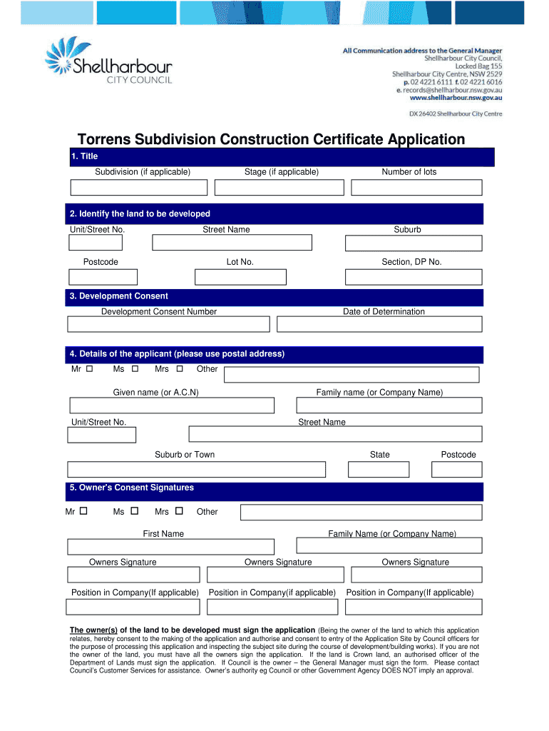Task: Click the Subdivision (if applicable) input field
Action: click(x=138, y=187)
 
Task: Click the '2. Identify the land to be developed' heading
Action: click(x=140, y=214)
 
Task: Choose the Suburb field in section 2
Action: click(x=414, y=243)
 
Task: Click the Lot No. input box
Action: click(x=240, y=277)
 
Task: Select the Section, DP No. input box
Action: click(x=414, y=277)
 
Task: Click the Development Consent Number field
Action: click(x=168, y=324)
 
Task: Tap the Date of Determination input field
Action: click(x=379, y=324)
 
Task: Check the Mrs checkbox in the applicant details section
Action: click(x=180, y=369)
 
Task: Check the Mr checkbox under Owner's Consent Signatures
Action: click(x=83, y=511)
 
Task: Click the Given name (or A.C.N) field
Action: click(x=172, y=405)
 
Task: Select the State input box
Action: click(x=379, y=469)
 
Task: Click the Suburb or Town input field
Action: click(x=196, y=469)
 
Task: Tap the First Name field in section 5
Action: click(x=170, y=546)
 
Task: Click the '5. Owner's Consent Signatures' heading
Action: click(x=132, y=488)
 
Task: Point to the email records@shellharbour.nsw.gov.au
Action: click(x=452, y=91)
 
